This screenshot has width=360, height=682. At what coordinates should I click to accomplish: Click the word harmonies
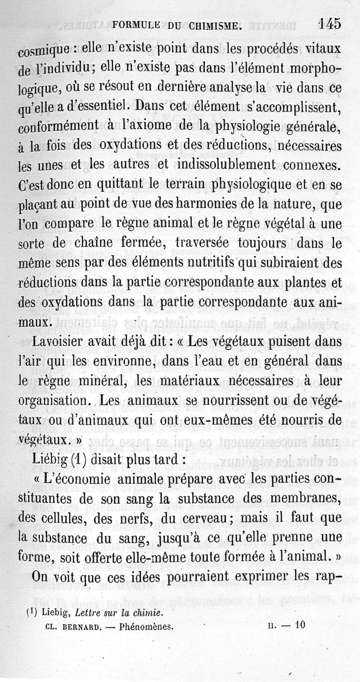(224, 204)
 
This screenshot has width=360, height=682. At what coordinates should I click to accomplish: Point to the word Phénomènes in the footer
(147, 625)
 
